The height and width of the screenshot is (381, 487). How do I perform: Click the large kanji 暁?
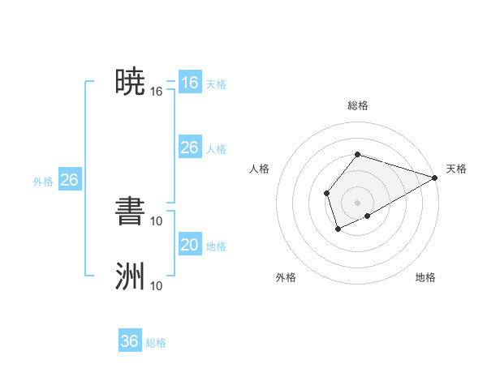[131, 81]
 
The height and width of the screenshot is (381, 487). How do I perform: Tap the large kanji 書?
[131, 210]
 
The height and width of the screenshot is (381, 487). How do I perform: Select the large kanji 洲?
[131, 276]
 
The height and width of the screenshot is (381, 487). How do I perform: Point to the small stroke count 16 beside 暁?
[157, 92]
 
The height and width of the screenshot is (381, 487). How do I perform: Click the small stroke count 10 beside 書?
[157, 220]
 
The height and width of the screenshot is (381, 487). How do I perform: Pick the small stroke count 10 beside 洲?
[157, 285]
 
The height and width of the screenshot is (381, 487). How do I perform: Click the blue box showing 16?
[189, 83]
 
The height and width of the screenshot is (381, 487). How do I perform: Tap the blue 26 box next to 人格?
[189, 148]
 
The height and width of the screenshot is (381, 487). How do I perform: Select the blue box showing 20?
[189, 245]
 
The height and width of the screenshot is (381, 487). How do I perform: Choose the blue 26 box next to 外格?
[69, 180]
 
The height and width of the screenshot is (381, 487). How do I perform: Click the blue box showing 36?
[130, 341]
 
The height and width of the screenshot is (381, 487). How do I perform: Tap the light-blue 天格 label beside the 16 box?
[216, 84]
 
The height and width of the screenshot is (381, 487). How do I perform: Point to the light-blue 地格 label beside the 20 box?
[216, 246]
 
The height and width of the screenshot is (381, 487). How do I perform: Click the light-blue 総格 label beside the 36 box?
[156, 343]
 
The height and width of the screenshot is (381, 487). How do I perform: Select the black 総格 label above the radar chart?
[357, 105]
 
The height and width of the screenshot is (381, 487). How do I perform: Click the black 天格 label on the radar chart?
[456, 169]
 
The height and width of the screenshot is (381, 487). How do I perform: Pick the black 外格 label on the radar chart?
[286, 278]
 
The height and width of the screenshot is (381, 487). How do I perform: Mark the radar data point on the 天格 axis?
[434, 178]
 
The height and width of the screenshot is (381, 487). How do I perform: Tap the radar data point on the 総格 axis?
[357, 154]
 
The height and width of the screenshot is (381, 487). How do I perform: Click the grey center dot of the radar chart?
[357, 202]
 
